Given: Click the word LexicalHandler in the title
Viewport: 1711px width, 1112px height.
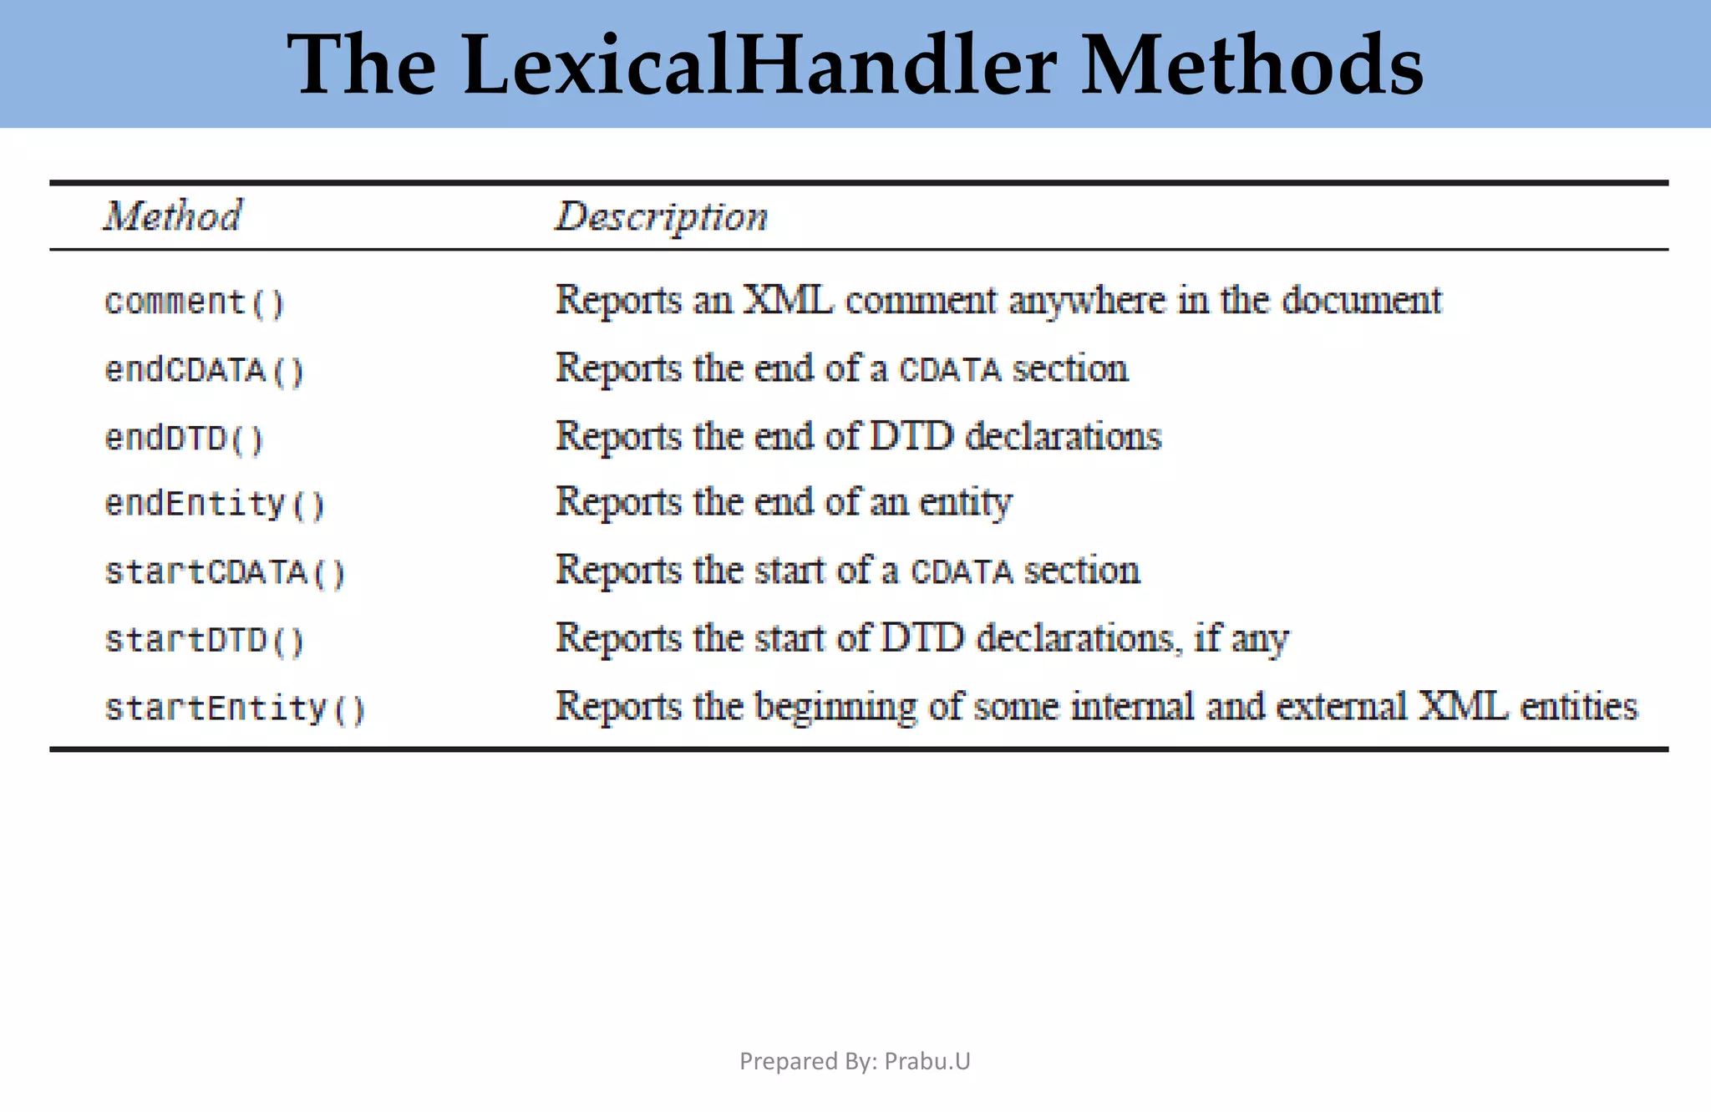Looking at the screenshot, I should [x=760, y=65].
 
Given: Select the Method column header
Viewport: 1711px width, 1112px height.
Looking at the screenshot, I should [x=173, y=216].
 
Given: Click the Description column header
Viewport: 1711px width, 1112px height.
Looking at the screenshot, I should [x=662, y=217].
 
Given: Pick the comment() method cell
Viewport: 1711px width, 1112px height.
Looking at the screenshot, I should [x=195, y=302].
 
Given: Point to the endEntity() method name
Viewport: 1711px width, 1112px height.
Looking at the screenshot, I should [x=215, y=505].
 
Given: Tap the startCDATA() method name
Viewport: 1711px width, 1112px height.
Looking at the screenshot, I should [x=225, y=573].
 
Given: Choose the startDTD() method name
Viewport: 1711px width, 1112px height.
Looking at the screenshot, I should [x=205, y=641].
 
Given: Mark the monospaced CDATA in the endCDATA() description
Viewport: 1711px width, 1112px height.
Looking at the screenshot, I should [x=950, y=370].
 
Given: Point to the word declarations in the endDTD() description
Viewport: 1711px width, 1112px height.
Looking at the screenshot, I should [x=1063, y=436].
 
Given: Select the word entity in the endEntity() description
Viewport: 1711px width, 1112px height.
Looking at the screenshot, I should [x=966, y=503].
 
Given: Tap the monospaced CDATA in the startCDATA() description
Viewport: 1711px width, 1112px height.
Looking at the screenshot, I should [x=962, y=572].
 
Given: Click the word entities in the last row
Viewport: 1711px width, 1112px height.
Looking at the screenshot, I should [x=1578, y=707].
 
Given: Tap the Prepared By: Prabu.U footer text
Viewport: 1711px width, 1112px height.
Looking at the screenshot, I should [x=855, y=1061].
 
